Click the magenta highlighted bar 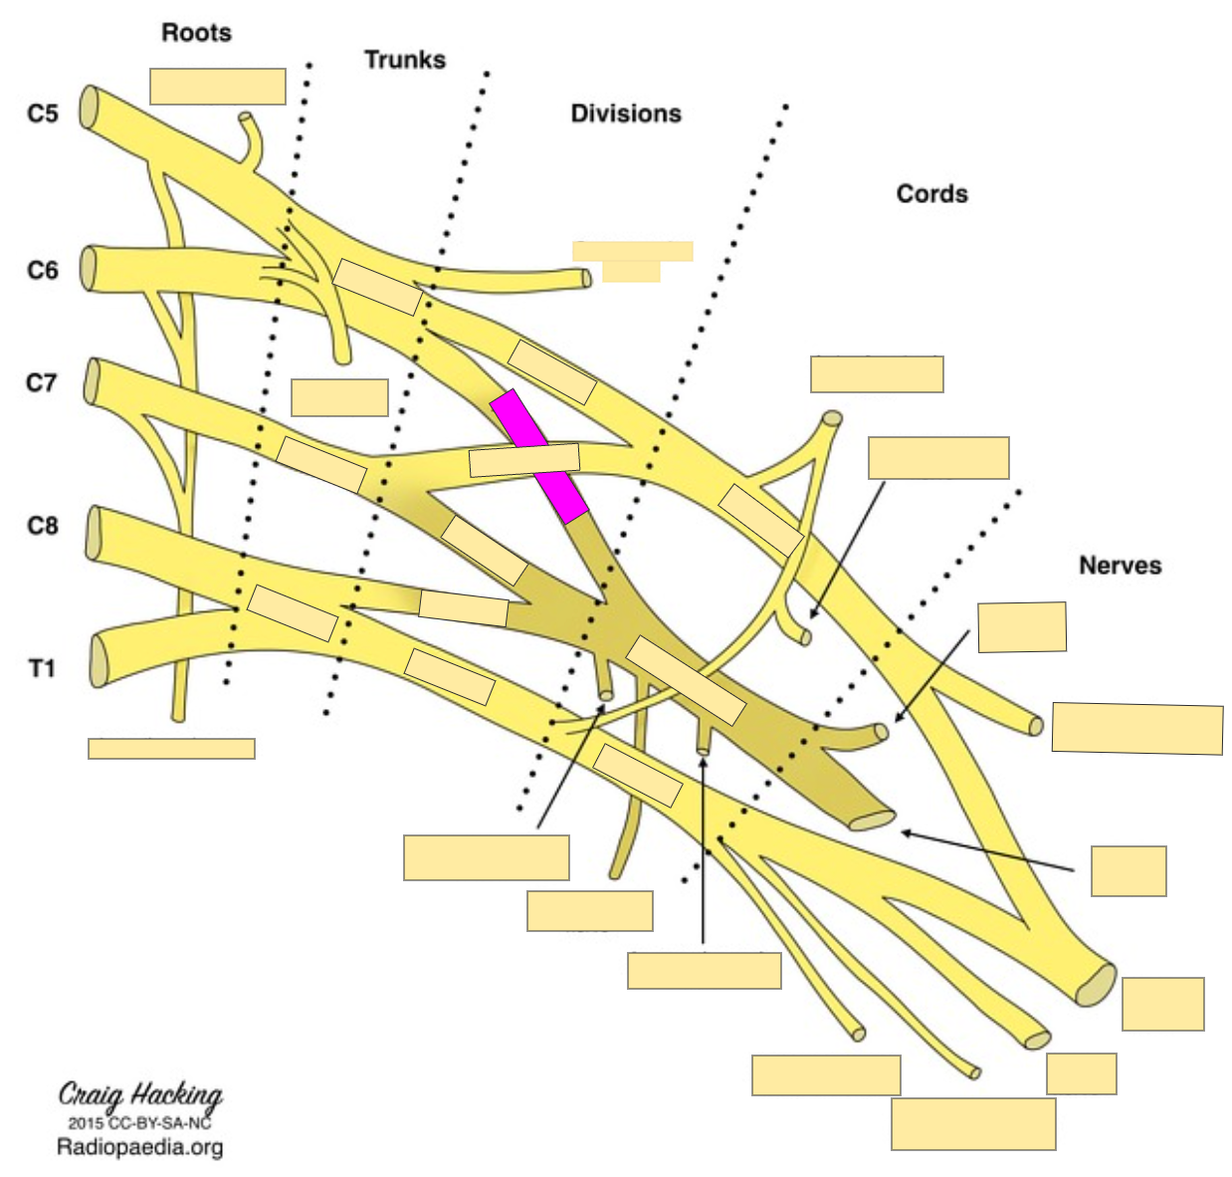click(x=538, y=456)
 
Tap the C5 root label click(x=43, y=114)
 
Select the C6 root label click(x=43, y=270)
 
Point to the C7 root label click(x=42, y=382)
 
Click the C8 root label click(x=43, y=525)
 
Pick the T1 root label click(x=42, y=668)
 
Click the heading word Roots click(x=196, y=33)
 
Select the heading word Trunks click(x=404, y=60)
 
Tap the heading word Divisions click(x=625, y=114)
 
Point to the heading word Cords click(x=931, y=193)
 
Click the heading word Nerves click(x=1120, y=566)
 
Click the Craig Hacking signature click(x=140, y=1094)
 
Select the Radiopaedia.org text click(x=140, y=1147)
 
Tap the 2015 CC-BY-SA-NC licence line click(x=140, y=1122)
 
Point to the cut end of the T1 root click(x=98, y=659)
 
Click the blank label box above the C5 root click(x=218, y=87)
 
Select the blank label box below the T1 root click(x=171, y=749)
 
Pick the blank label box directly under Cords click(x=877, y=374)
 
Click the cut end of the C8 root click(x=94, y=533)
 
